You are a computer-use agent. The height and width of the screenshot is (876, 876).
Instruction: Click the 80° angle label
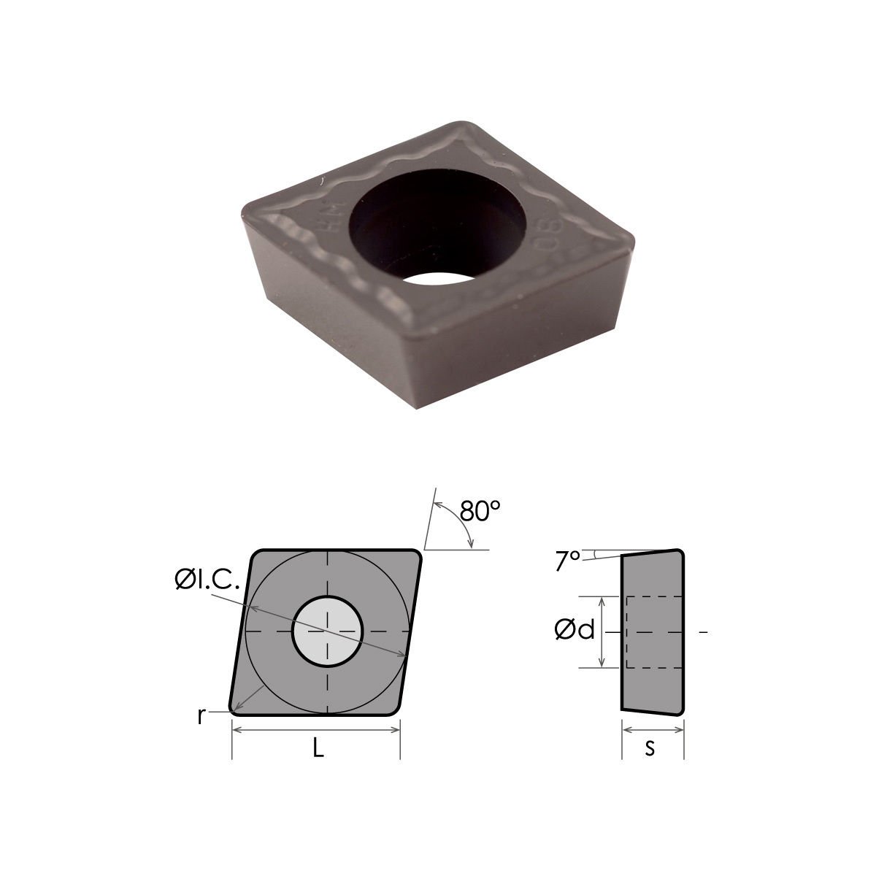(480, 511)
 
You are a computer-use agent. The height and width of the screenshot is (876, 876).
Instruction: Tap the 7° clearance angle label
(567, 561)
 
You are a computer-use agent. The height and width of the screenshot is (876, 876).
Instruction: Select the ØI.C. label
(207, 580)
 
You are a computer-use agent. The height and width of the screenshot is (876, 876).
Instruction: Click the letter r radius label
(201, 716)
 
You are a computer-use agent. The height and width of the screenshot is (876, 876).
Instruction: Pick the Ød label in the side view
(574, 630)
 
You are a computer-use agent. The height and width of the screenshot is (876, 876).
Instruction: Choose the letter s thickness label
(649, 749)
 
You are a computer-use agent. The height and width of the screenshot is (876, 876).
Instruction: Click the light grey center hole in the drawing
(327, 631)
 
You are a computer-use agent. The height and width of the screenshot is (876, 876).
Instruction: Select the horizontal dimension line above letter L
(316, 734)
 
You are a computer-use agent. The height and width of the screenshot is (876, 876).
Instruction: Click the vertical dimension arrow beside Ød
(602, 631)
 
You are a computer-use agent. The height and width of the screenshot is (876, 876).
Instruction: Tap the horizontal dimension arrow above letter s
(653, 730)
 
